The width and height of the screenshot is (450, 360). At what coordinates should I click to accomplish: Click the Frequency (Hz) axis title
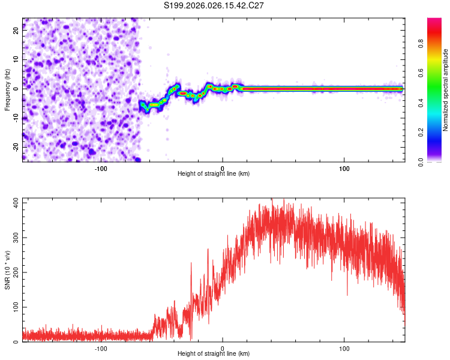click(x=8, y=89)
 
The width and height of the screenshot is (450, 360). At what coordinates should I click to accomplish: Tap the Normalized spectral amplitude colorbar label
click(x=446, y=89)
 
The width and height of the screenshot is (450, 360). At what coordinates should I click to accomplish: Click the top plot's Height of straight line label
click(x=214, y=173)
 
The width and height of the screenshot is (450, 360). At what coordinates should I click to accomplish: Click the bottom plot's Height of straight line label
click(x=214, y=353)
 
